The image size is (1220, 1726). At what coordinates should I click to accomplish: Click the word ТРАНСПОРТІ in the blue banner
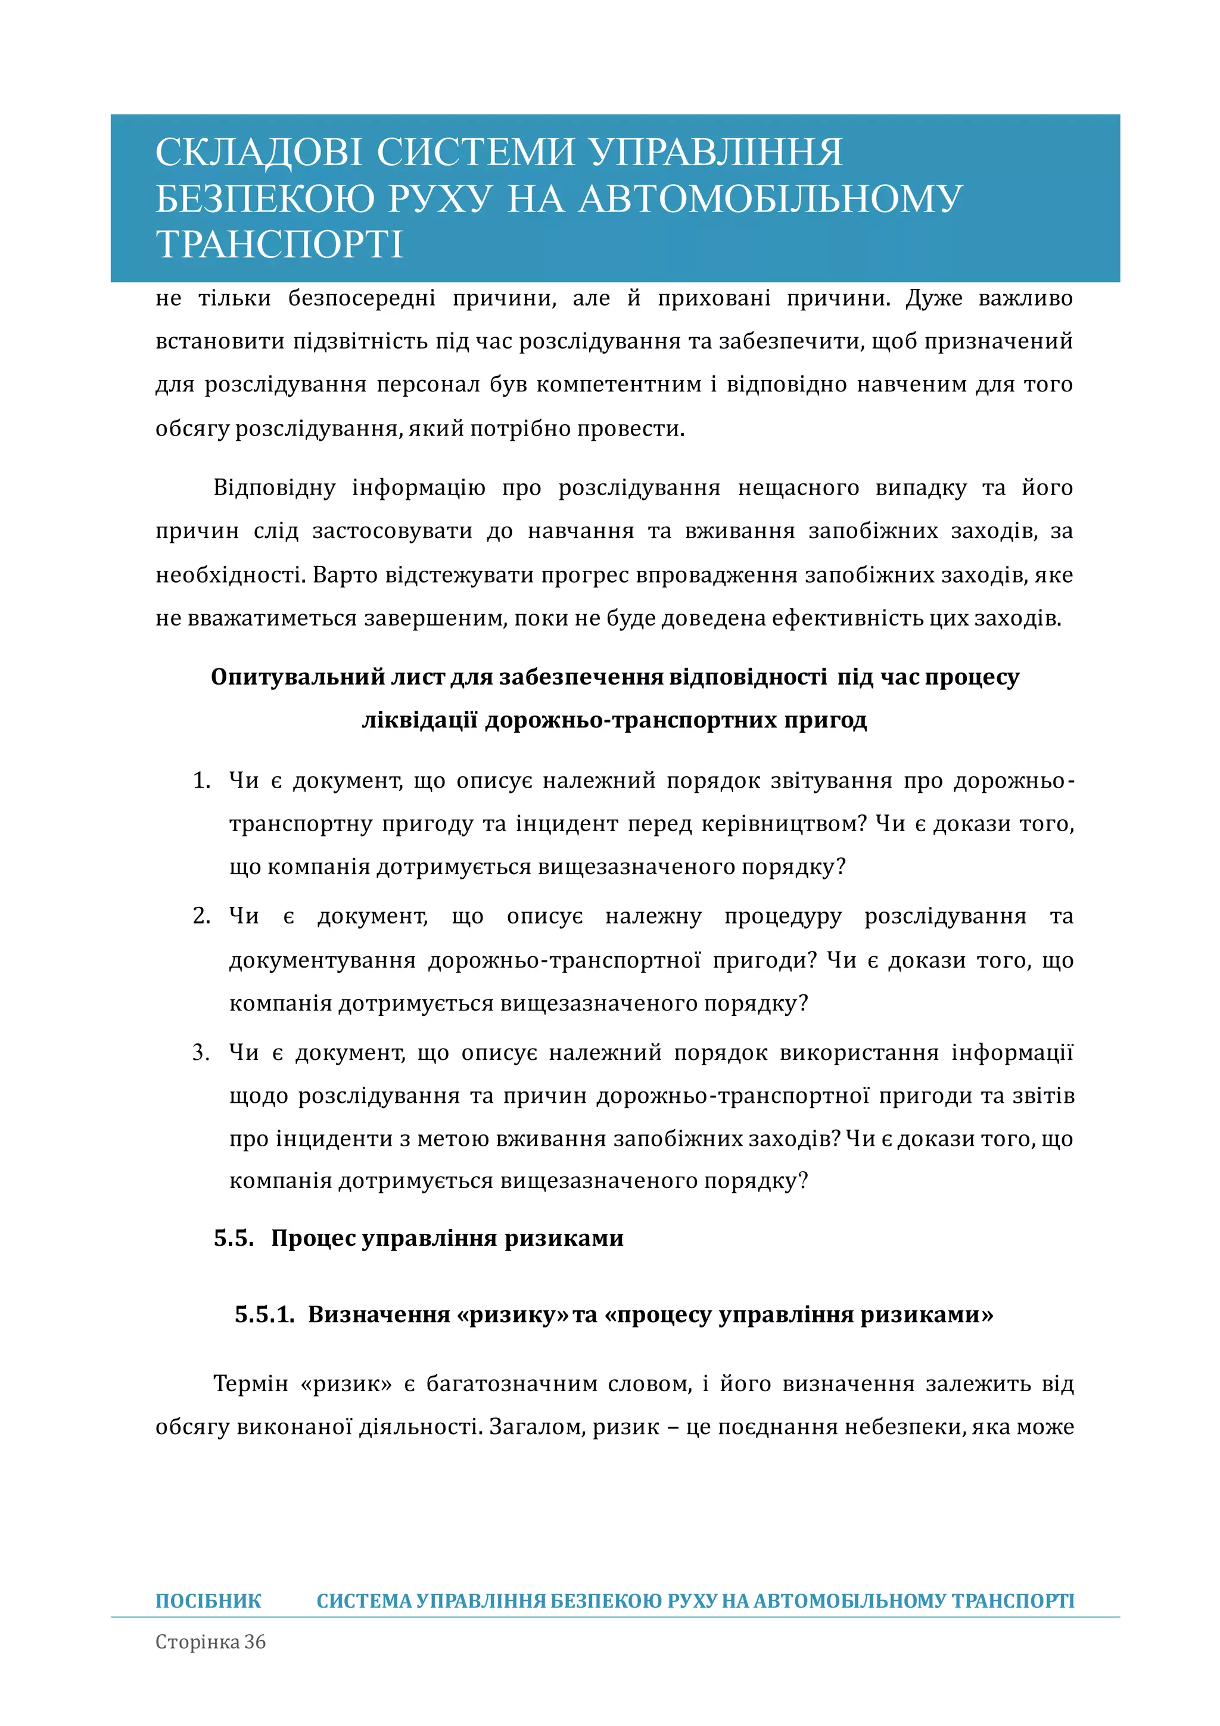[279, 245]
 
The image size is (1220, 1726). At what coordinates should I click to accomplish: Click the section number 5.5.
[233, 1238]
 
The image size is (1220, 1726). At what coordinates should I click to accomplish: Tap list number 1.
[201, 780]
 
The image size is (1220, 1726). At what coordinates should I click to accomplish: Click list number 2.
[201, 916]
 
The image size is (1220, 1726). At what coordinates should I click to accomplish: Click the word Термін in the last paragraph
[250, 1383]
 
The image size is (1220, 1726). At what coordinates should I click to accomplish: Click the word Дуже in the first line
[933, 298]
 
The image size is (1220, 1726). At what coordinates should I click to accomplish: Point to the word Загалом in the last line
[536, 1427]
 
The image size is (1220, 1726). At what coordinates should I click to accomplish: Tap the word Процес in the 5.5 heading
[313, 1238]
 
